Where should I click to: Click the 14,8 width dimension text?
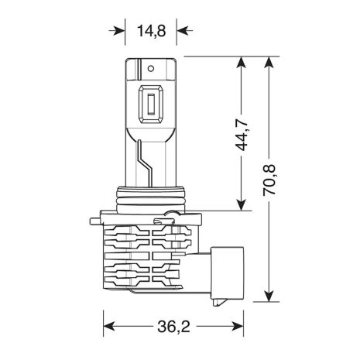coord(151,31)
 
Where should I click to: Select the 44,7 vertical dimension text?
coord(243,132)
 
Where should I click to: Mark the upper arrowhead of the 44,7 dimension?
coord(243,62)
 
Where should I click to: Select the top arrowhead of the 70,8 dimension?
coord(268,62)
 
